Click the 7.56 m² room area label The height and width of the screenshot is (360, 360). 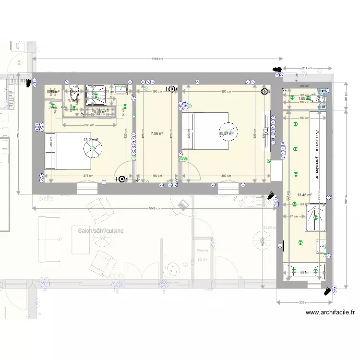pyautogui.click(x=157, y=134)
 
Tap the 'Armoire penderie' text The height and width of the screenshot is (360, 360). pyautogui.click(x=317, y=154)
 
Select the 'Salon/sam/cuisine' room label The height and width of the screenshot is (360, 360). pyautogui.click(x=100, y=230)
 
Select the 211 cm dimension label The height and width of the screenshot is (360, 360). pyautogui.click(x=307, y=68)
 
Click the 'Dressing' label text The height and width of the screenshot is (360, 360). pyautogui.click(x=203, y=250)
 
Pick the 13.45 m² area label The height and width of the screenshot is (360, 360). pyautogui.click(x=304, y=195)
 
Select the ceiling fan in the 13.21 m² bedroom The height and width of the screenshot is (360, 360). pyautogui.click(x=92, y=149)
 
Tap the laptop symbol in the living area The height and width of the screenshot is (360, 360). pyautogui.click(x=181, y=205)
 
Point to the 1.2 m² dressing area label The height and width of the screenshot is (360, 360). pyautogui.click(x=202, y=260)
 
